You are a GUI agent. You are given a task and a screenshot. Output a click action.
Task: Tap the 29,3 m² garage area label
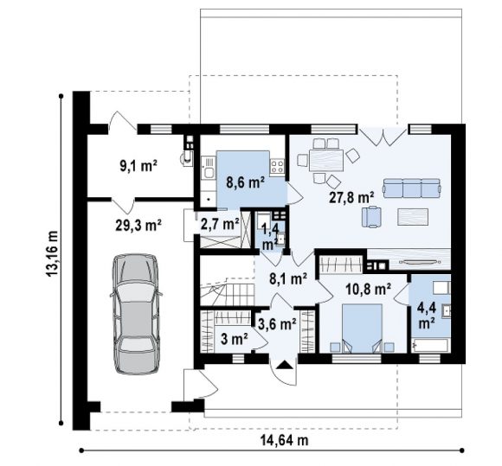click(x=138, y=225)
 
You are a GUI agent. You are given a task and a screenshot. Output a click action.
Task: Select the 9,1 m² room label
click(x=138, y=166)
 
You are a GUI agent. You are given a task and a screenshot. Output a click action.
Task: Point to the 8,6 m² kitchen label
click(x=245, y=182)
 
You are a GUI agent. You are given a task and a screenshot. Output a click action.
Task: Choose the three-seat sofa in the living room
click(x=412, y=188)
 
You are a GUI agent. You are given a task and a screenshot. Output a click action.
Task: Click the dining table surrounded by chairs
click(x=326, y=160)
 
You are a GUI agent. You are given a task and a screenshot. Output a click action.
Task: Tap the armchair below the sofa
click(x=371, y=217)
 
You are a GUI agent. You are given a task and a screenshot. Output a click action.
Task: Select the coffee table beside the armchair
click(x=413, y=217)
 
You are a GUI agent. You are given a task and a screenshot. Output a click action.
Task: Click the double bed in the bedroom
click(x=362, y=329)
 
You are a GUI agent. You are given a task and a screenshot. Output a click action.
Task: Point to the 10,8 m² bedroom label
click(x=368, y=290)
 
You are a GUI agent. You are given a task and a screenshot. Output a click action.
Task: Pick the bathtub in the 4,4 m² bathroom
click(x=430, y=346)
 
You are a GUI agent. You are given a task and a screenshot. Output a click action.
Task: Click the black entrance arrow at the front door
click(x=285, y=365)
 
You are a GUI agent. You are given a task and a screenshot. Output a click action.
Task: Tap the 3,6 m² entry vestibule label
click(x=277, y=324)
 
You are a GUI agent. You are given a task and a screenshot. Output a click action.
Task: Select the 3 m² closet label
click(x=235, y=340)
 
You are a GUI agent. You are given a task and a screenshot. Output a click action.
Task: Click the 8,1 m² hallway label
click(x=288, y=279)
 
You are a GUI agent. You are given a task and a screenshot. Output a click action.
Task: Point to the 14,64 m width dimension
click(x=284, y=440)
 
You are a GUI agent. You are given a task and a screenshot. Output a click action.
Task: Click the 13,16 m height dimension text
click(x=52, y=253)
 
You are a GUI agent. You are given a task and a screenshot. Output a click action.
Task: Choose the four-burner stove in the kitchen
click(x=277, y=166)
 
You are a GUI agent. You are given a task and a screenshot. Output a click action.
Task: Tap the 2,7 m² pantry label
click(x=220, y=224)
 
